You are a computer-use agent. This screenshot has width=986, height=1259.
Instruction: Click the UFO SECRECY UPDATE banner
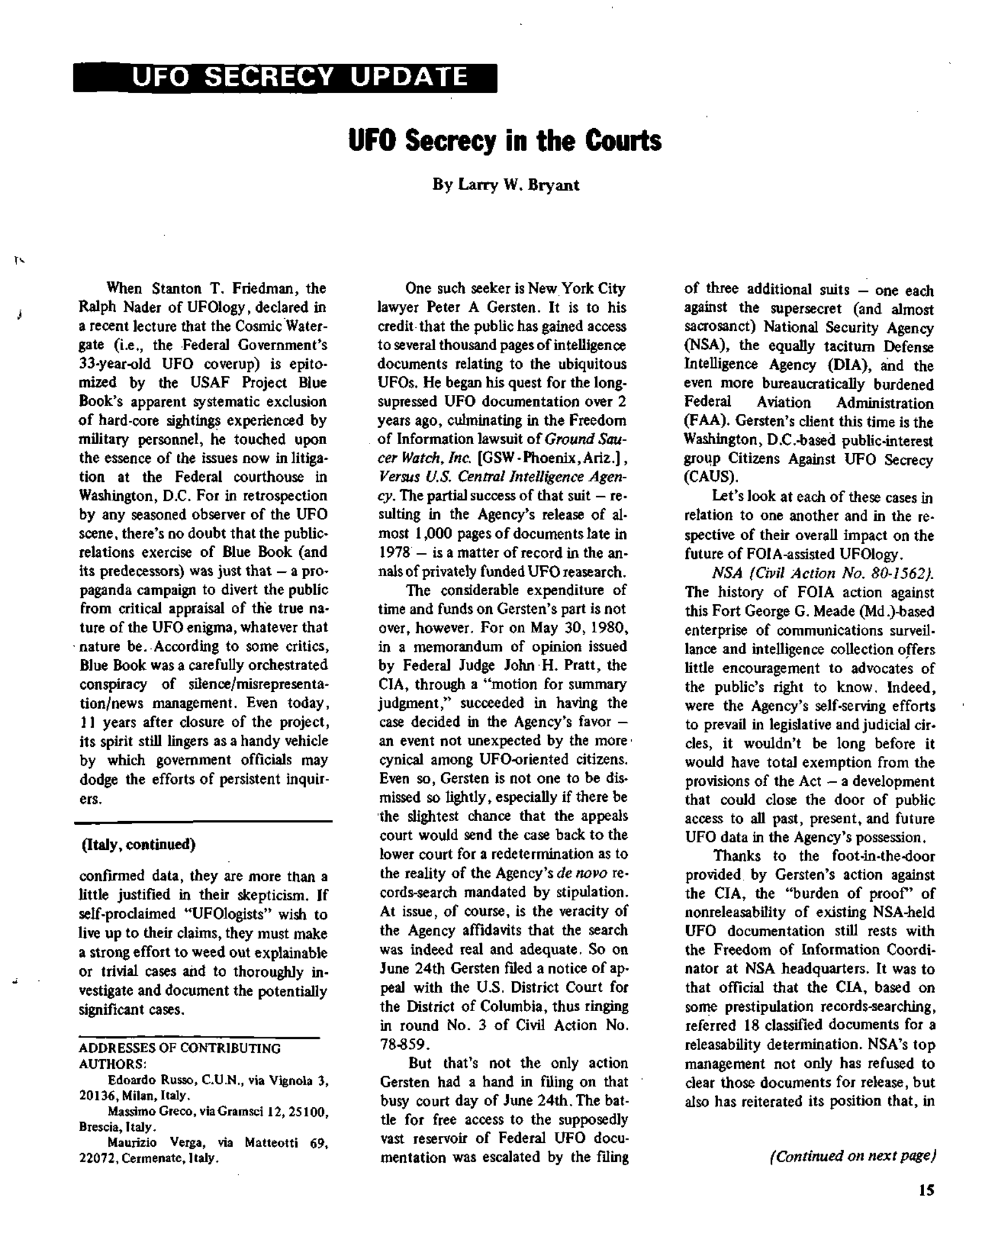tap(284, 77)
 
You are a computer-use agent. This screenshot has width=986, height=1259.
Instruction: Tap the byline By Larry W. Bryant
tap(506, 185)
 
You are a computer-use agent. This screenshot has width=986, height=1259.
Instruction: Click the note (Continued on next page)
tap(852, 1155)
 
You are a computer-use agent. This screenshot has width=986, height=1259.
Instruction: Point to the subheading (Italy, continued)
tap(138, 845)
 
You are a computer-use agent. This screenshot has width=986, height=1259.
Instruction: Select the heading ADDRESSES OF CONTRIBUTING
tap(180, 1048)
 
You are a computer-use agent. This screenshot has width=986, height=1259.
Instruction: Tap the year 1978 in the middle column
tap(394, 553)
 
